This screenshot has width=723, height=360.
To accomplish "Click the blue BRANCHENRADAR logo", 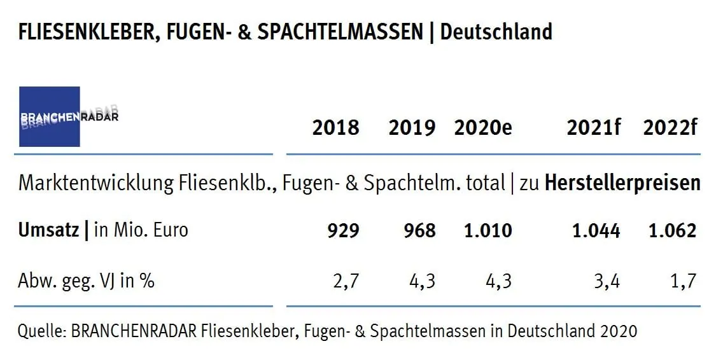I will [x=50, y=117].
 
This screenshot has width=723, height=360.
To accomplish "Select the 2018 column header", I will [x=335, y=128].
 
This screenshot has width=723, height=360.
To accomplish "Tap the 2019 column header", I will [x=412, y=128].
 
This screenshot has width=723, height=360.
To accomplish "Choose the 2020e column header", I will [x=483, y=128].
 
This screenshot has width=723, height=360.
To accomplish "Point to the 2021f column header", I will [x=593, y=128].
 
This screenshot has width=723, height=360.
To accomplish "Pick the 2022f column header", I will [x=670, y=128].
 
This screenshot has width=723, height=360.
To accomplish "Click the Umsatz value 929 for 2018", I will [x=343, y=230].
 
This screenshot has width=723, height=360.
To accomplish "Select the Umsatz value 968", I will [x=419, y=230].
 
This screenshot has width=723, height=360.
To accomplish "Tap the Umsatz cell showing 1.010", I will [x=488, y=230].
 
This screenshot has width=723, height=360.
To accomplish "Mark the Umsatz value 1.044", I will [x=596, y=230].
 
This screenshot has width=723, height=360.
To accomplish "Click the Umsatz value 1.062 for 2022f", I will [x=672, y=230].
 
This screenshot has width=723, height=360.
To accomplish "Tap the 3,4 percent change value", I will [x=608, y=280].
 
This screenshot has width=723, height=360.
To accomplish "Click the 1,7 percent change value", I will [x=684, y=280].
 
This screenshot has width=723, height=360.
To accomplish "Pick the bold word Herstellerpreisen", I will [x=622, y=184].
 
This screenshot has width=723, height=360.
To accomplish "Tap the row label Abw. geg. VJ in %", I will [x=87, y=280].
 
